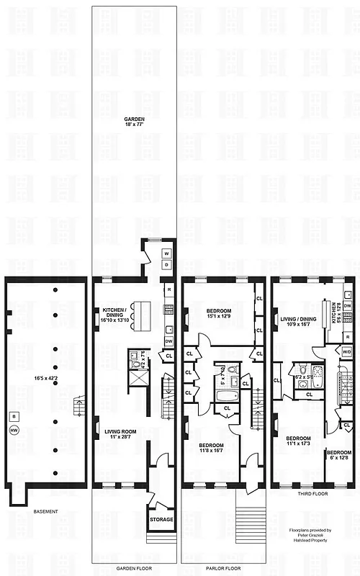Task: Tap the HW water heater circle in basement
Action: pyautogui.click(x=14, y=431)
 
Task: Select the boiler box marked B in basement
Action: pyautogui.click(x=14, y=415)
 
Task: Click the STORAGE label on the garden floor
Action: pyautogui.click(x=161, y=518)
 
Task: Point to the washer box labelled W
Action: pyautogui.click(x=166, y=253)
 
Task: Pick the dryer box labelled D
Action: pyautogui.click(x=166, y=265)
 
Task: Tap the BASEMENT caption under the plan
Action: pyautogui.click(x=45, y=511)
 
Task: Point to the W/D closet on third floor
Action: pyautogui.click(x=347, y=352)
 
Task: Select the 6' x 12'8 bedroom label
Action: pyautogui.click(x=339, y=455)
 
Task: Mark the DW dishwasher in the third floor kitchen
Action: pyautogui.click(x=347, y=306)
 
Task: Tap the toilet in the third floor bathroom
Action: pyautogui.click(x=302, y=394)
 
